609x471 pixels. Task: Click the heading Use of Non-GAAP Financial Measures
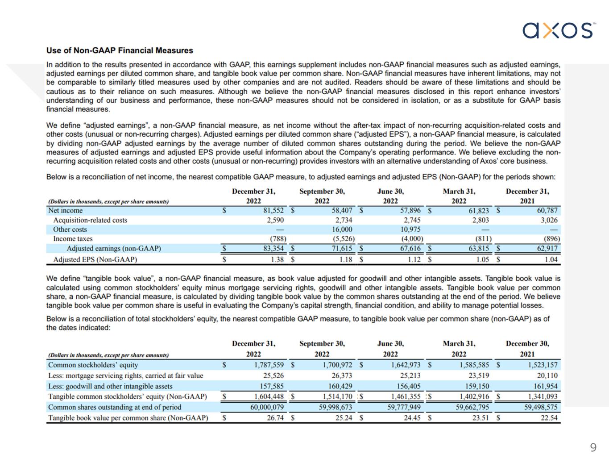[x=120, y=50]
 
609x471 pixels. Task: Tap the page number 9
[x=593, y=447]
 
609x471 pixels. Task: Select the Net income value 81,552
[x=273, y=210]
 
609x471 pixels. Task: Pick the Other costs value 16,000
[x=342, y=229]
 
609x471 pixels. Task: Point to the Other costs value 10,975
[x=410, y=229]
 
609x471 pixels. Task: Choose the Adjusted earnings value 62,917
[x=547, y=248]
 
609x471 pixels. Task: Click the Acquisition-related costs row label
[x=90, y=220]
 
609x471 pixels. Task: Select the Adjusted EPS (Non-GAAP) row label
[x=95, y=259]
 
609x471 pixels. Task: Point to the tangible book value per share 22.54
[x=549, y=418]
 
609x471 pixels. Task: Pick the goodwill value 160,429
[x=337, y=386]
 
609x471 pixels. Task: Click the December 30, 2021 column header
[x=527, y=348]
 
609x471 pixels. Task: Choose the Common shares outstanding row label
[x=115, y=407]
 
